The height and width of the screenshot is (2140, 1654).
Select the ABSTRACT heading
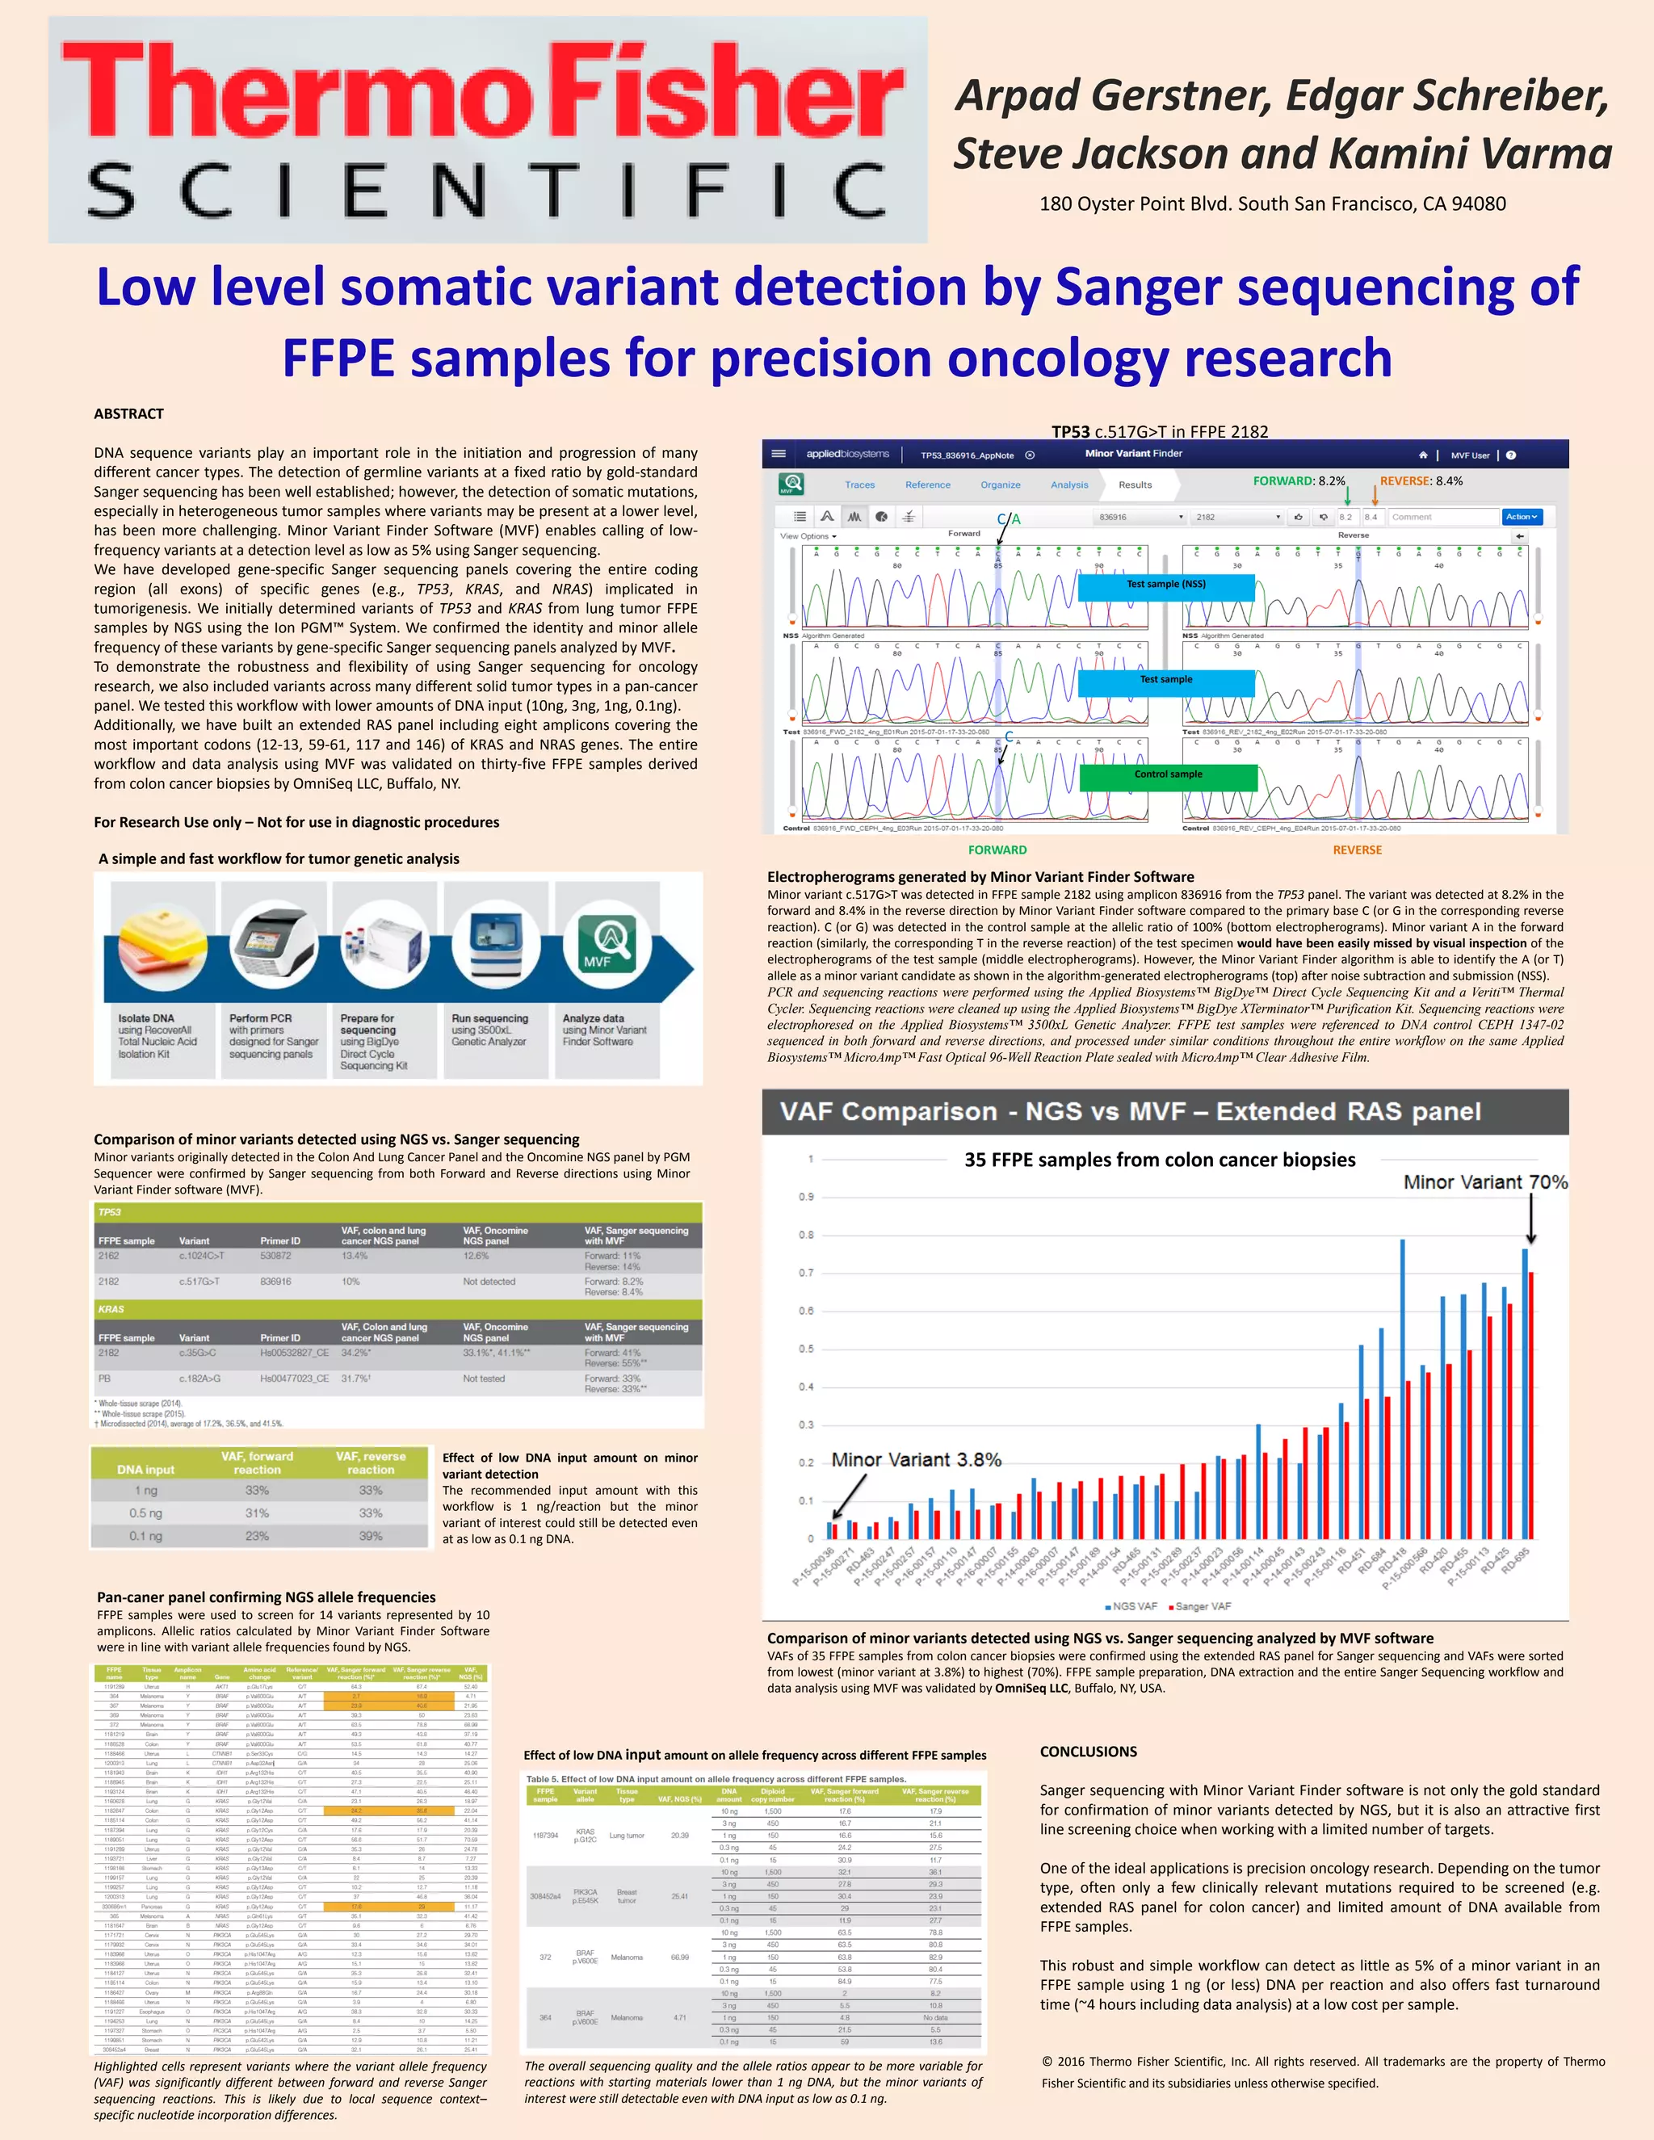pyautogui.click(x=128, y=413)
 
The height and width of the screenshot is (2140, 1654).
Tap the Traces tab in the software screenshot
pyautogui.click(x=859, y=485)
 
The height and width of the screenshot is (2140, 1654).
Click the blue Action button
pyautogui.click(x=1521, y=516)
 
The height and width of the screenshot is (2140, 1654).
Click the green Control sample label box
pyautogui.click(x=1168, y=775)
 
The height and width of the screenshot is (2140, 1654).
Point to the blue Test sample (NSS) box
pyautogui.click(x=1166, y=585)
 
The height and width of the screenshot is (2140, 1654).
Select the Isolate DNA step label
pyautogui.click(x=146, y=1018)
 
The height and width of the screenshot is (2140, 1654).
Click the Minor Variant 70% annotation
pyautogui.click(x=1484, y=1183)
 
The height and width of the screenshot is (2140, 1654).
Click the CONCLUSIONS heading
pyautogui.click(x=1088, y=1751)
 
